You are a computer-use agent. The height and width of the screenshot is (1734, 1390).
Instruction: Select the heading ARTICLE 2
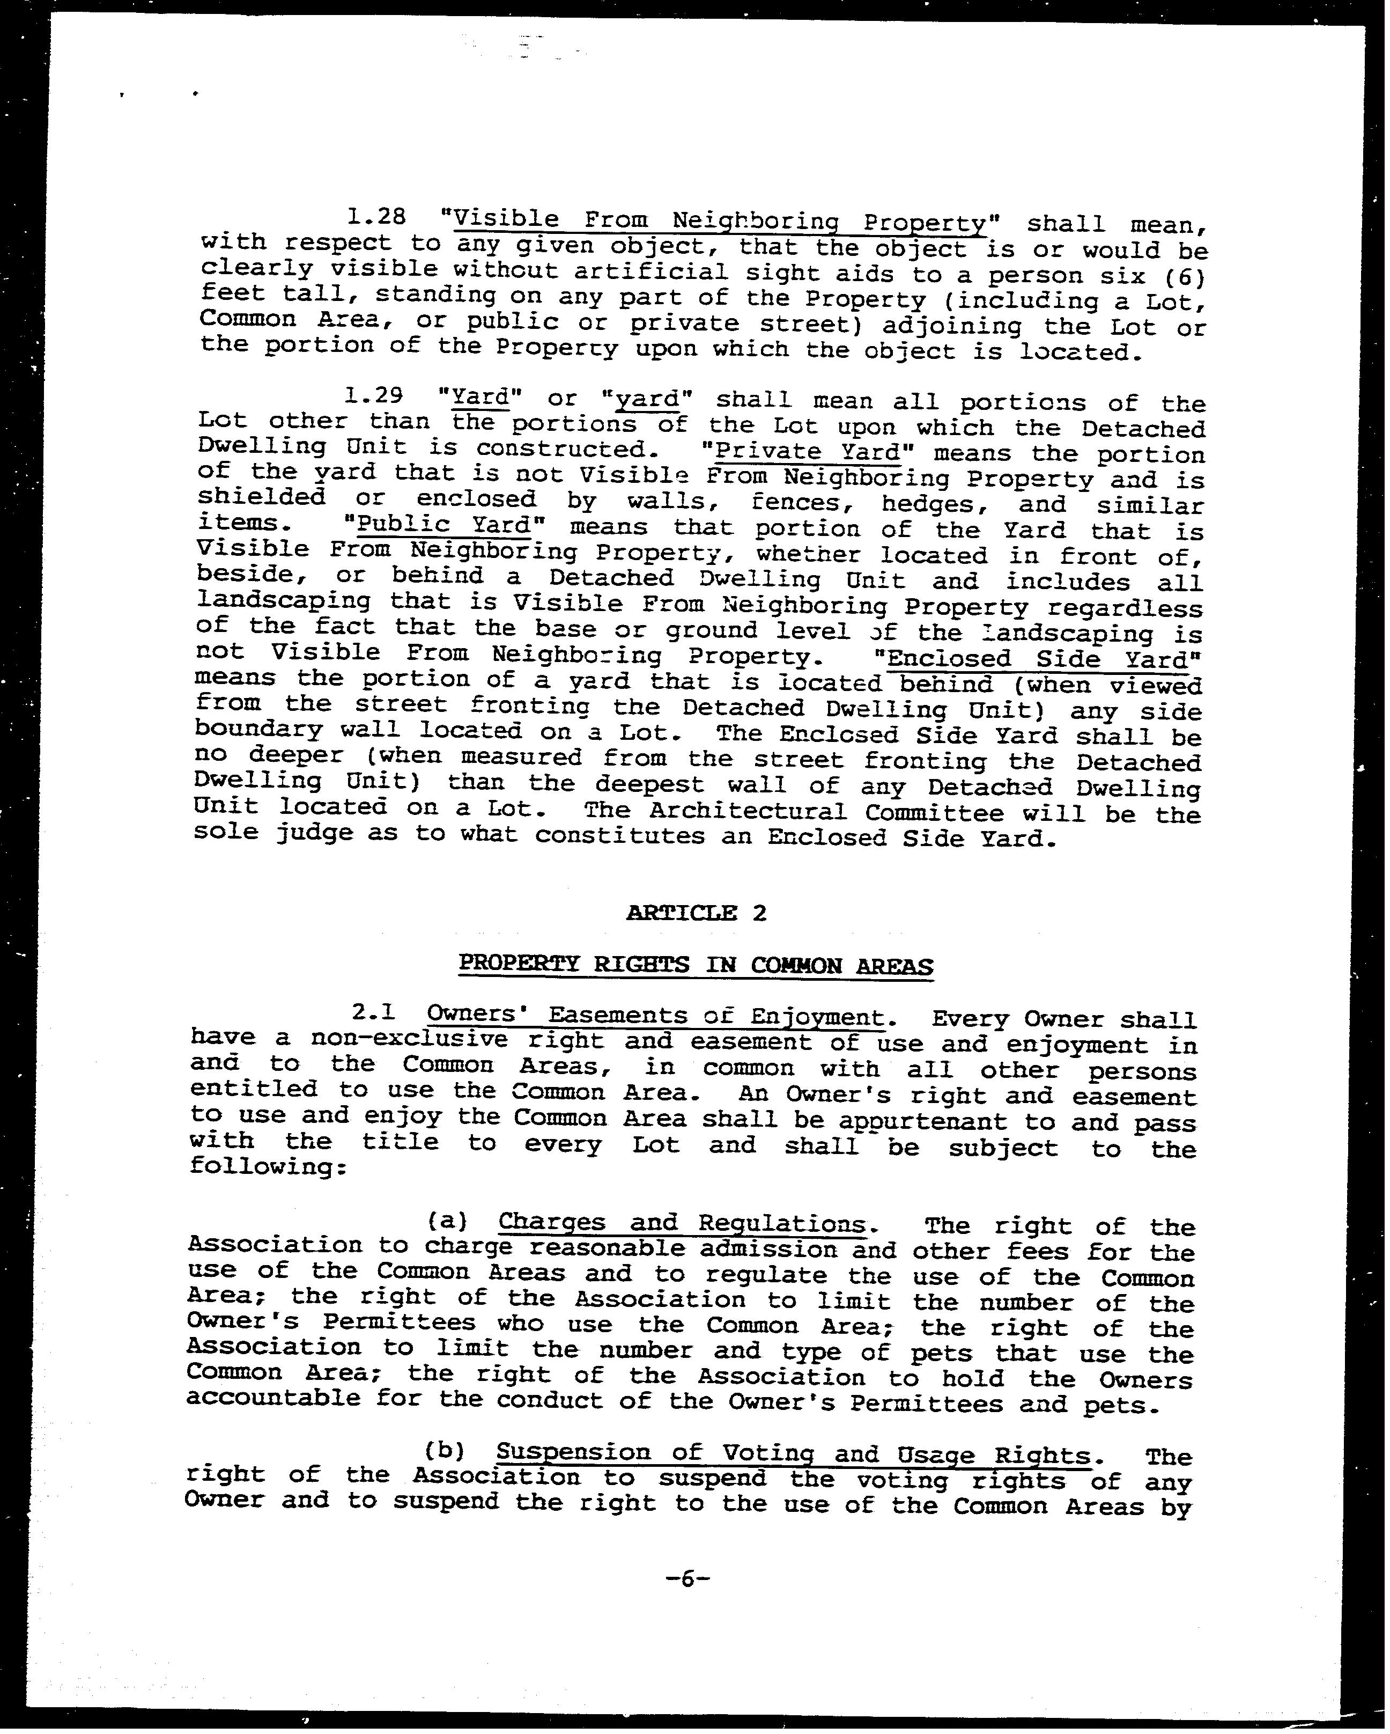[x=696, y=913]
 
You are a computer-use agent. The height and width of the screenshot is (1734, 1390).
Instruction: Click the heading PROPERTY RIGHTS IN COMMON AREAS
[x=696, y=964]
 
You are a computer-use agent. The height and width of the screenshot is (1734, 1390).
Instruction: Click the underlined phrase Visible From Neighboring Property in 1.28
[x=720, y=221]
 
